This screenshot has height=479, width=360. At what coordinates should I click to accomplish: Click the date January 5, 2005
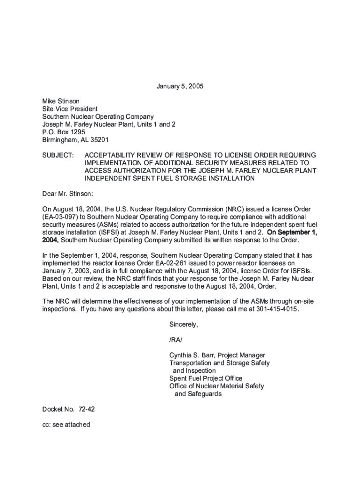tap(180, 87)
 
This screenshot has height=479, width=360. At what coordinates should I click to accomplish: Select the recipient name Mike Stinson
tap(61, 101)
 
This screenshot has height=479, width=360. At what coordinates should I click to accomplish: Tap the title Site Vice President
tap(70, 109)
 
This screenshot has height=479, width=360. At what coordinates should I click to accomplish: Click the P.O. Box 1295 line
tap(64, 132)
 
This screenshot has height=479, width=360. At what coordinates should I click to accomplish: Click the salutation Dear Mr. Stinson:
tap(68, 193)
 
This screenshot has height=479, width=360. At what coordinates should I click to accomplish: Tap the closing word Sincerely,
tap(184, 325)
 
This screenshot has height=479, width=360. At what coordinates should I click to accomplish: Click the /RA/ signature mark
tap(176, 340)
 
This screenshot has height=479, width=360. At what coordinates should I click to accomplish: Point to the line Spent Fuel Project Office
tap(206, 378)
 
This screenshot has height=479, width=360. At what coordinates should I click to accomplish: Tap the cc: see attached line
tap(66, 425)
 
